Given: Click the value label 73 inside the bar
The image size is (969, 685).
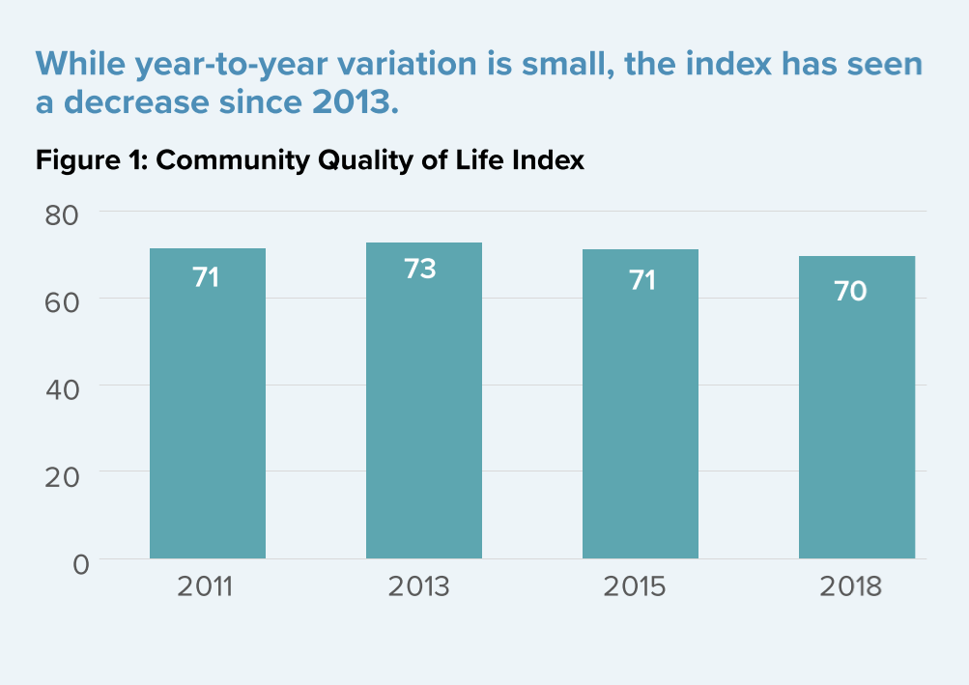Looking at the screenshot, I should click(420, 269).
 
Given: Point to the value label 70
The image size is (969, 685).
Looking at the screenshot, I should click(850, 291).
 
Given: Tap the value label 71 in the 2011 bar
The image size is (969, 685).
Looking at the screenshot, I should click(206, 278).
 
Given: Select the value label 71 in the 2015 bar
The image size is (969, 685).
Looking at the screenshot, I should click(641, 280).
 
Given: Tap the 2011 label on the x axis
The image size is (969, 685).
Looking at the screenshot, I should click(205, 586).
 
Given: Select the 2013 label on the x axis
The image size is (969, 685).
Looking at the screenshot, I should click(419, 586).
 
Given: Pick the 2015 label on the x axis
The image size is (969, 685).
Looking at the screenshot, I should click(635, 586).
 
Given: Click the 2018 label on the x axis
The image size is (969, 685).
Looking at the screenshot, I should click(850, 586).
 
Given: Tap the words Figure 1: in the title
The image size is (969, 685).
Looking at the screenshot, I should click(92, 160).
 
